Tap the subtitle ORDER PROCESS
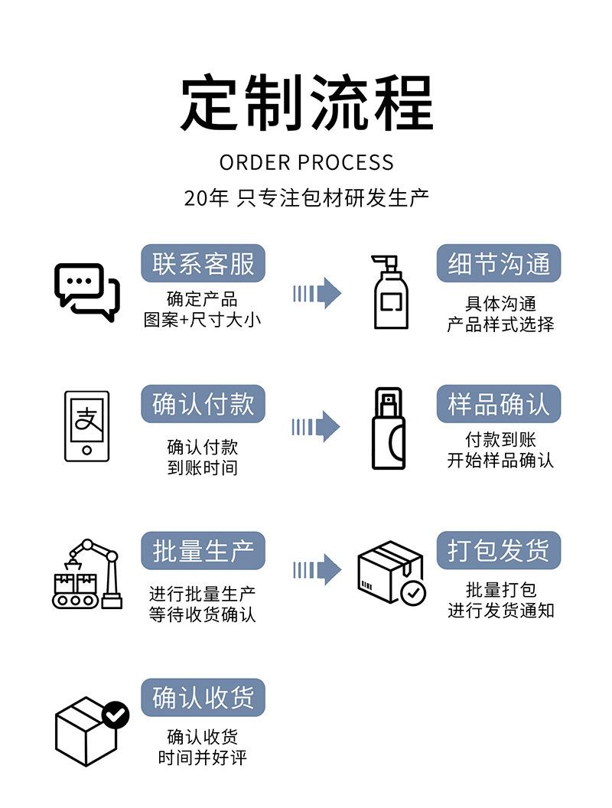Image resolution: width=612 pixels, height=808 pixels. [x=306, y=162]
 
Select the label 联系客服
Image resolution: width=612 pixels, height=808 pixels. [x=203, y=264]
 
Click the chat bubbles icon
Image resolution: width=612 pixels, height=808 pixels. [x=87, y=292]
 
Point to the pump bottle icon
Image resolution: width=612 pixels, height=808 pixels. [x=390, y=292]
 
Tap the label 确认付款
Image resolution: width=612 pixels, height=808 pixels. [x=203, y=404]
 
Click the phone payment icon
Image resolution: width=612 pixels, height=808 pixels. [x=86, y=426]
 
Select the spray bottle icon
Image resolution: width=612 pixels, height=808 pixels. [x=389, y=428]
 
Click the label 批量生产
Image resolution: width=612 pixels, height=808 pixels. [x=203, y=551]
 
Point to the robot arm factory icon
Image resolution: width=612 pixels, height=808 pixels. [x=87, y=574]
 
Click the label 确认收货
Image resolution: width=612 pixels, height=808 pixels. [x=203, y=698]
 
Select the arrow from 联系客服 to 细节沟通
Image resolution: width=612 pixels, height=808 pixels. [x=317, y=292]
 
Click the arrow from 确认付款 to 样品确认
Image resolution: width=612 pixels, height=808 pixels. [x=317, y=426]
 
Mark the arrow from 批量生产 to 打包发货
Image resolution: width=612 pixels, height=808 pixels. [x=317, y=569]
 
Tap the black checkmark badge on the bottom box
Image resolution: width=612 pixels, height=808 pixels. [x=116, y=715]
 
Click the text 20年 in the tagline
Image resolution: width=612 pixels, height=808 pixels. [x=206, y=198]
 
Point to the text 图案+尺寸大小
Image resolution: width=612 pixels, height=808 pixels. [x=203, y=319]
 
